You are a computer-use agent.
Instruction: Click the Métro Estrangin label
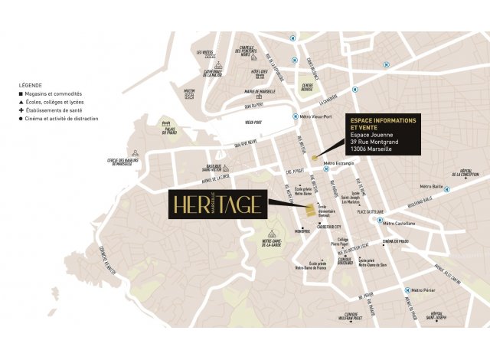click(340, 163)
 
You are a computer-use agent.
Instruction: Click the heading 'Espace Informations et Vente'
click(384, 126)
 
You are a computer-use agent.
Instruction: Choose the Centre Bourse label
click(308, 87)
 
